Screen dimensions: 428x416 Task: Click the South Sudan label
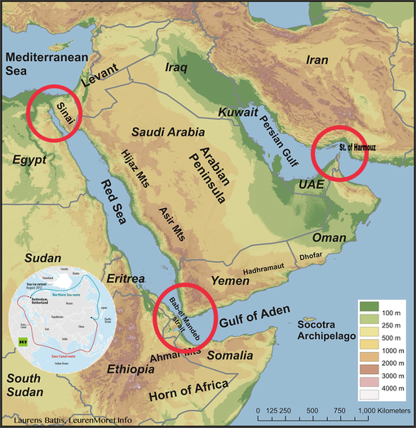(x=27, y=385)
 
